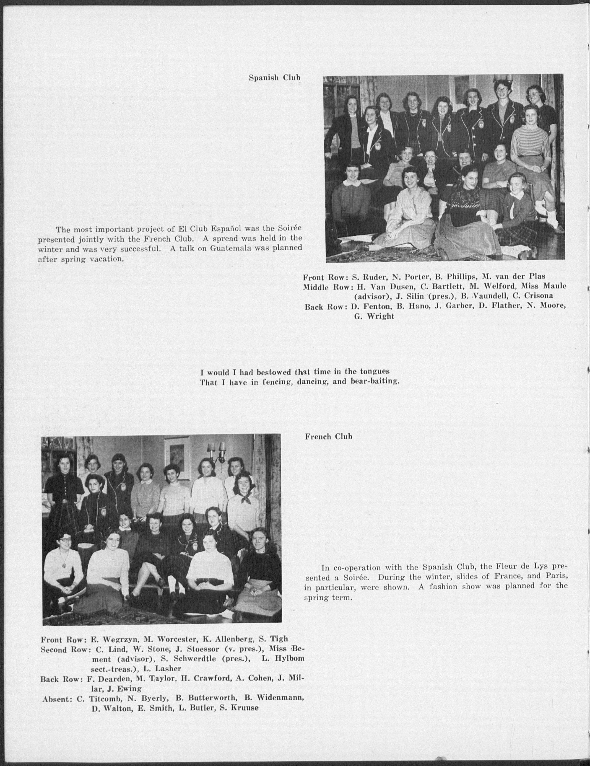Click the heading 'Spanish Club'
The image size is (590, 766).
tap(274, 78)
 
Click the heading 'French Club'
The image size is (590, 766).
tap(328, 436)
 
